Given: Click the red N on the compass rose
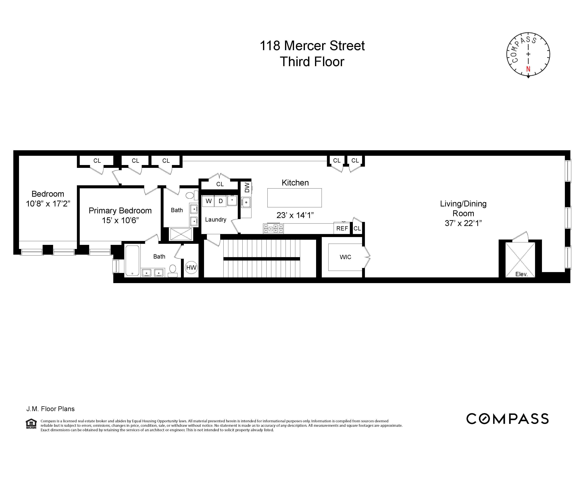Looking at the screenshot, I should [x=528, y=69].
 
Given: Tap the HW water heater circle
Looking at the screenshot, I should [x=191, y=267].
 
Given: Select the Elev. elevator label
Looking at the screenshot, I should [x=521, y=274].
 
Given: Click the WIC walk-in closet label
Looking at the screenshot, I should [x=345, y=257].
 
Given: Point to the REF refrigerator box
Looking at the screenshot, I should [x=342, y=228].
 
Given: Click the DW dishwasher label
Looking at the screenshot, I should [x=247, y=188].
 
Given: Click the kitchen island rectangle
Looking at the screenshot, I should [x=294, y=198].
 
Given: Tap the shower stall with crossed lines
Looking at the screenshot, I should [x=181, y=234].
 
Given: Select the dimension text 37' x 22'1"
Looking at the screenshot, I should [x=463, y=223].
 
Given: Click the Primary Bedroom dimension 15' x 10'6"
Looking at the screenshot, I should [x=120, y=220].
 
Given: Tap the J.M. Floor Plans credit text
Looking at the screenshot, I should [x=51, y=409].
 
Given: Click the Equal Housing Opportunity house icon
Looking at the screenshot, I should [x=31, y=423].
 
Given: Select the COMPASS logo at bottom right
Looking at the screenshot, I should [x=507, y=419].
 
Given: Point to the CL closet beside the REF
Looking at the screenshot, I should [x=357, y=228].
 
